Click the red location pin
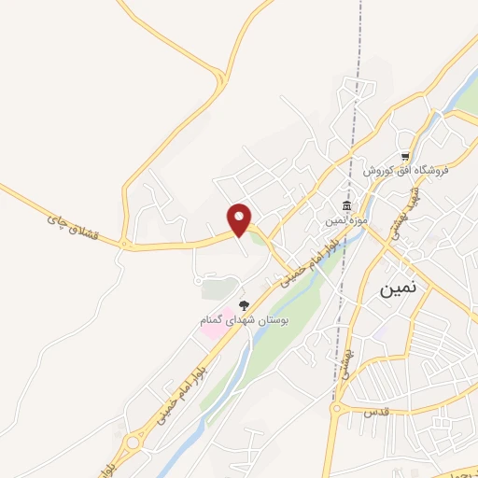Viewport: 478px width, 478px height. coord(240,218)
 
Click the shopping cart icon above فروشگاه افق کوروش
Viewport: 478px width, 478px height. coord(404,156)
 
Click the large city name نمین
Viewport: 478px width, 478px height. coord(401,288)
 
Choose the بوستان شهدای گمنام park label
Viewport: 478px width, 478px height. coord(246,320)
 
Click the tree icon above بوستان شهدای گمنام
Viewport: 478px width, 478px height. coord(245,305)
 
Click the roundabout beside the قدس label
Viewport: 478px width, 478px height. coord(338,409)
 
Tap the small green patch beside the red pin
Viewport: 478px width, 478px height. coord(257,237)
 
